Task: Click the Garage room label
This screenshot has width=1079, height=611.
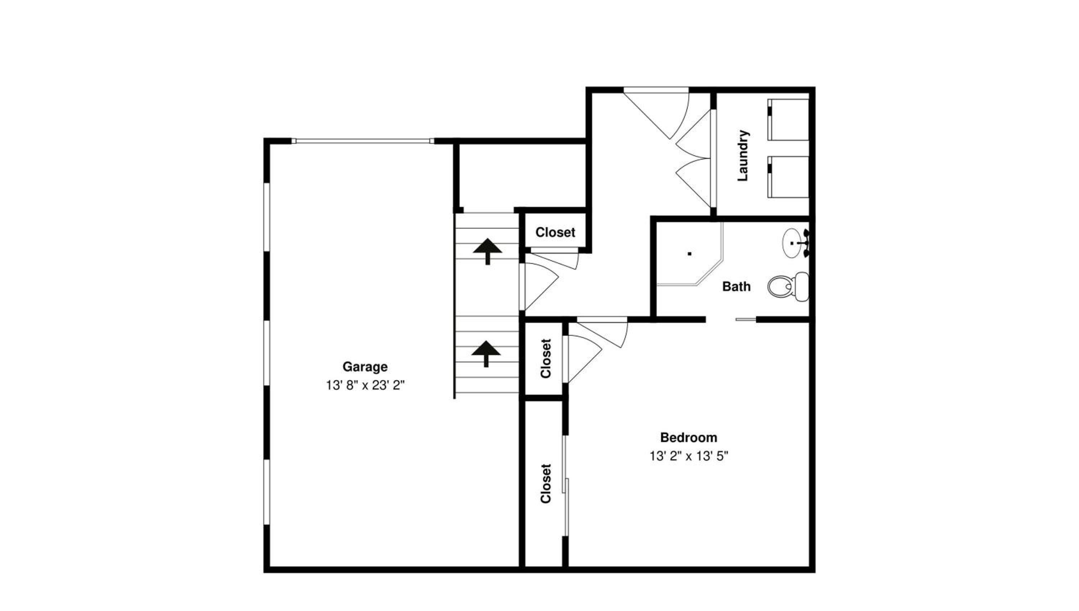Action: tap(365, 367)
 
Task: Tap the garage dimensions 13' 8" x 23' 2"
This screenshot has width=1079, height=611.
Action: tap(365, 385)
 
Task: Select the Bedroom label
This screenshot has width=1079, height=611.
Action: tap(688, 437)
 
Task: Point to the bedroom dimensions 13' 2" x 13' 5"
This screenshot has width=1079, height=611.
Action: tap(688, 456)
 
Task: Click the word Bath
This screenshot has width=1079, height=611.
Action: tap(736, 286)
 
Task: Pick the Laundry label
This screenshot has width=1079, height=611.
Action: tap(743, 155)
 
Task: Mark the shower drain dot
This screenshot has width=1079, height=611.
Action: tap(689, 253)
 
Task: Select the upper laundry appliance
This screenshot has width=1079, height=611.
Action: tap(788, 120)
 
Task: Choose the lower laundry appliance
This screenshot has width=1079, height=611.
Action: tap(788, 177)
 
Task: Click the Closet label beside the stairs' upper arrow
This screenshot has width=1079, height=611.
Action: tap(555, 232)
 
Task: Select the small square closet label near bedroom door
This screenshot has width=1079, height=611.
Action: tap(545, 358)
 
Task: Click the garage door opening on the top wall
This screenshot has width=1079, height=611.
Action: tap(363, 141)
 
